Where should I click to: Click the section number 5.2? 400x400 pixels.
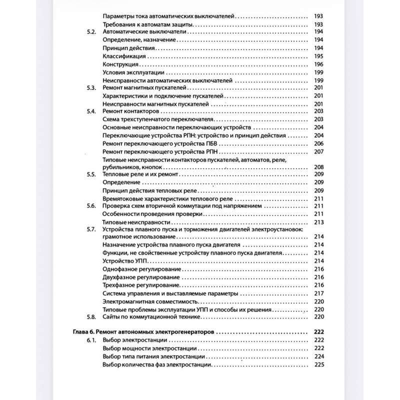click(x=90, y=32)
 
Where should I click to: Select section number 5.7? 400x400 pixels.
click(x=90, y=229)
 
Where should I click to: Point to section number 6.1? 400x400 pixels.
click(x=90, y=340)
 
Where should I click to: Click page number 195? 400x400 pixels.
click(x=319, y=56)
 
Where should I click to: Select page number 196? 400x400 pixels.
click(x=319, y=64)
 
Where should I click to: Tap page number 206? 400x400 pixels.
click(x=319, y=143)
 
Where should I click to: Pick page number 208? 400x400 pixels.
click(x=319, y=167)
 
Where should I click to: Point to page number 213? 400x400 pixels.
click(x=319, y=222)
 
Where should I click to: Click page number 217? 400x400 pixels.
click(x=319, y=293)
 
